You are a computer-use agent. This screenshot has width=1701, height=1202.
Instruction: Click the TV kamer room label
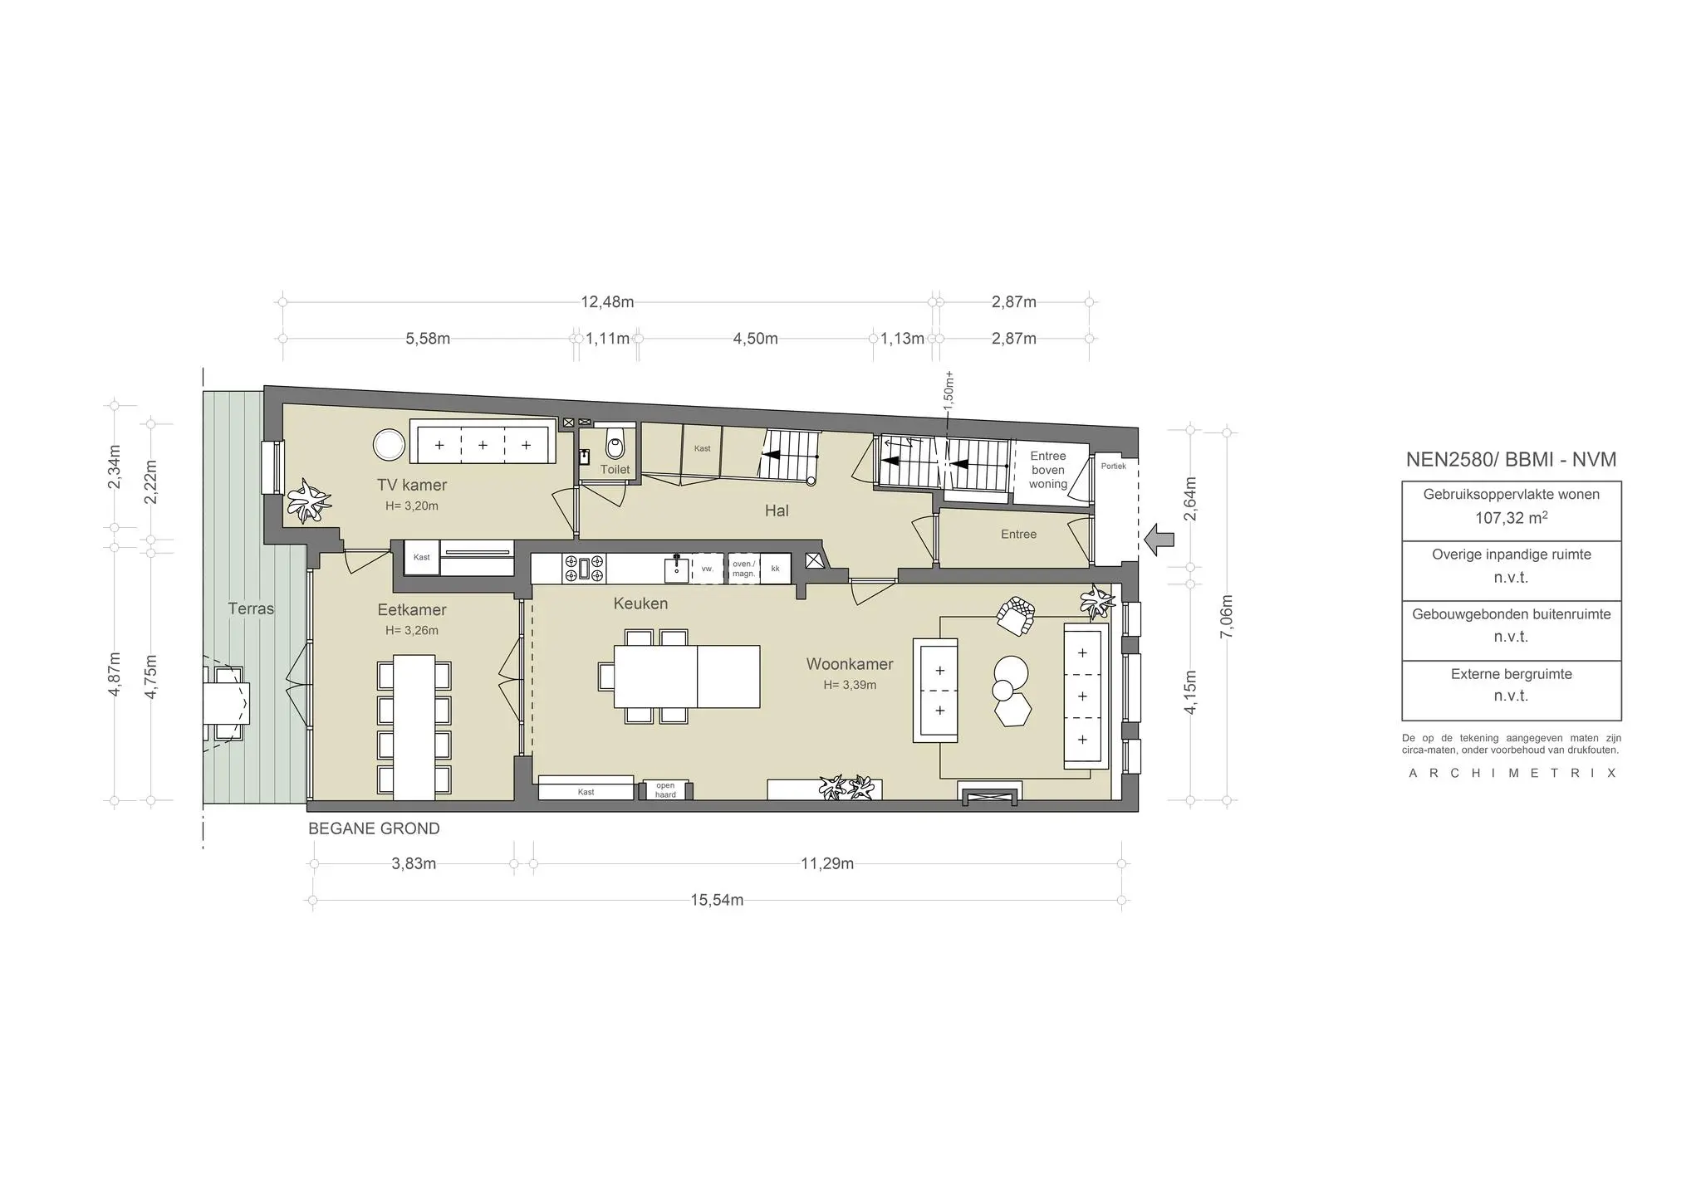tap(412, 485)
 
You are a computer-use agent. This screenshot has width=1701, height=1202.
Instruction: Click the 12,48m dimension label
tap(607, 302)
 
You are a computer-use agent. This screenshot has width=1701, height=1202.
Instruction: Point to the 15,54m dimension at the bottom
tap(717, 900)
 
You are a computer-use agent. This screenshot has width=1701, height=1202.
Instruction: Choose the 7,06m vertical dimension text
tap(1228, 617)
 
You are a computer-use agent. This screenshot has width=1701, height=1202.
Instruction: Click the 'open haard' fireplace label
tap(665, 789)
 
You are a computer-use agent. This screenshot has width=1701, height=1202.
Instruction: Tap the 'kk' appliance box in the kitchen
tap(776, 569)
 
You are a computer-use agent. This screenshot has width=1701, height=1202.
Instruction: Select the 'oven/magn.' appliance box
tap(743, 569)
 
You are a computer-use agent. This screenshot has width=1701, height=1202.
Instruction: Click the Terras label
tap(251, 608)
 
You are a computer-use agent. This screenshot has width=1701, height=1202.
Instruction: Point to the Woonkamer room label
tap(850, 664)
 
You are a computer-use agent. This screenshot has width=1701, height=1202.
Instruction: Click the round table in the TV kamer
tap(389, 445)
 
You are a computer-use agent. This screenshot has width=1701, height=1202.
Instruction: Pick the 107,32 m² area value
tap(1512, 518)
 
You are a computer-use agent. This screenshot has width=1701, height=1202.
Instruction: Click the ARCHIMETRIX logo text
tap(1512, 774)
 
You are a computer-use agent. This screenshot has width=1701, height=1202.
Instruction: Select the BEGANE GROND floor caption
tap(374, 828)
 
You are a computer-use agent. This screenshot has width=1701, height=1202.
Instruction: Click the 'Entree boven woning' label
tap(1048, 470)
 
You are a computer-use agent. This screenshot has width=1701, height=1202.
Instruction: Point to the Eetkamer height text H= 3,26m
tap(412, 630)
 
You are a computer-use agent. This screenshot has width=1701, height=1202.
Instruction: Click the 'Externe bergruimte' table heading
tap(1512, 674)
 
